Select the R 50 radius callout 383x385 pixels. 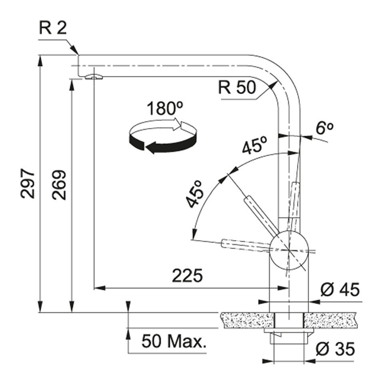tap(237, 87)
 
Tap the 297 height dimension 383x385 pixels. tap(28, 184)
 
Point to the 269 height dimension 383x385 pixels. tap(59, 185)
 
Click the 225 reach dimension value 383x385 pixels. tap(188, 276)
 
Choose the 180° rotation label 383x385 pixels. tap(165, 108)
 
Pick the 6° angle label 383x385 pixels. tap(324, 128)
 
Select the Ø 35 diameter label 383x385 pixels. tap(335, 349)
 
